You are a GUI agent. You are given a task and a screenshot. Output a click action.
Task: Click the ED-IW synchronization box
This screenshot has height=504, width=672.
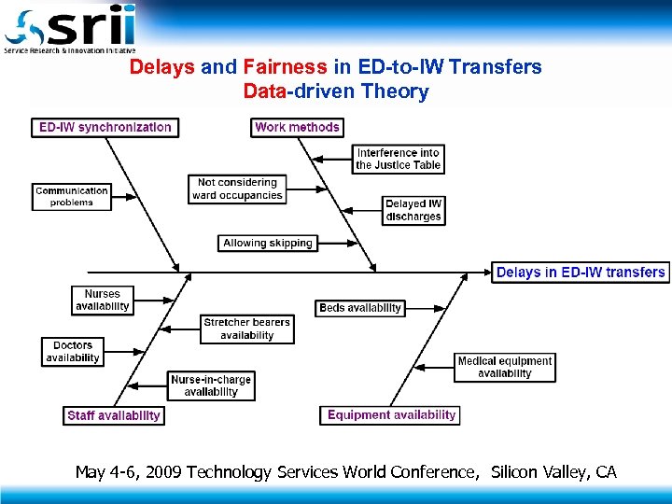tap(105, 127)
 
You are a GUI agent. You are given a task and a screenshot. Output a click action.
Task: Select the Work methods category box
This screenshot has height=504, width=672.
tap(298, 127)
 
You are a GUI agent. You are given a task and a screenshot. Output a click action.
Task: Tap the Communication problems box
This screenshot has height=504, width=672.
tap(72, 196)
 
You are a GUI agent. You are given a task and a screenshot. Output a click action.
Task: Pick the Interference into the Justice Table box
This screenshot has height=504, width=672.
tap(398, 159)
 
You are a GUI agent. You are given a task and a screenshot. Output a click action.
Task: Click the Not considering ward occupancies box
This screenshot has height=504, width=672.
tap(237, 189)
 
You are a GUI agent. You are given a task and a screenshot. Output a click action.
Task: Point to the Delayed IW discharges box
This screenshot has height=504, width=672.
tap(413, 210)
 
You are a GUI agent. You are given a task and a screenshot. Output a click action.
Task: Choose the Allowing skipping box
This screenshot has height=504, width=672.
tap(268, 243)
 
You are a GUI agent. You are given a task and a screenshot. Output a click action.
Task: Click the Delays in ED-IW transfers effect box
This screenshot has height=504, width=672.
tap(581, 273)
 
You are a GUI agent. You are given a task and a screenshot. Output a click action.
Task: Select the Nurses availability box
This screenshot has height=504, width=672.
tap(103, 300)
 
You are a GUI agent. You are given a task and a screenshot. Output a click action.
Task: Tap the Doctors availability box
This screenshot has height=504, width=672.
tap(73, 352)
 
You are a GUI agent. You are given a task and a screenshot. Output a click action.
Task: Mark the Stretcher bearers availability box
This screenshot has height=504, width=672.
tap(247, 329)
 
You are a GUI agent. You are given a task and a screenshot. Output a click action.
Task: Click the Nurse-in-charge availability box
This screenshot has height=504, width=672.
tap(211, 385)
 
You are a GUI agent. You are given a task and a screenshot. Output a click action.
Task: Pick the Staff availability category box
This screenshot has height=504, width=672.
tap(114, 415)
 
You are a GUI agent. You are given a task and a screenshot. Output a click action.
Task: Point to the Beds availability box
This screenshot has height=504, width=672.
tap(360, 308)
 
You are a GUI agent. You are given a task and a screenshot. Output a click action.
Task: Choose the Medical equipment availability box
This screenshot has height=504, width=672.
tap(505, 367)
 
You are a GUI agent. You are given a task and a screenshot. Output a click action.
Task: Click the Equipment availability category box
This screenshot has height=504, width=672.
tap(392, 414)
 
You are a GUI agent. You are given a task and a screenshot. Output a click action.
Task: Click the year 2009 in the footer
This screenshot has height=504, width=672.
tap(165, 472)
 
